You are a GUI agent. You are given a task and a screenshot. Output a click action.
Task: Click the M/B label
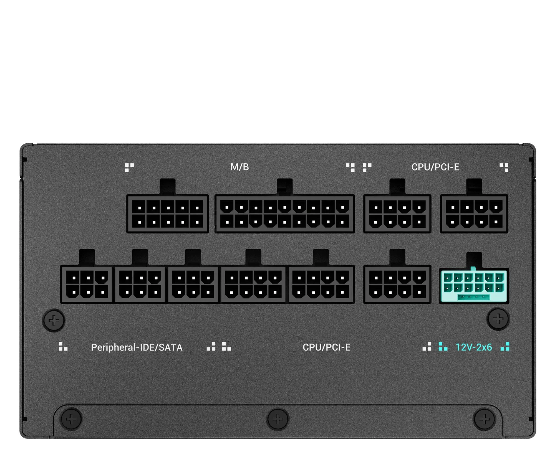[239, 167]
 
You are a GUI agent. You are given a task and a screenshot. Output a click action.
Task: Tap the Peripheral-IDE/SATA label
[137, 347]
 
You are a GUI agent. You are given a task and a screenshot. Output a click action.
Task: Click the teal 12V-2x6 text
[474, 347]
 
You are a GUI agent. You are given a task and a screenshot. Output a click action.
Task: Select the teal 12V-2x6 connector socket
[474, 286]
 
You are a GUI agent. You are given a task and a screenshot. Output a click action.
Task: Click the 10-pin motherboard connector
[168, 214]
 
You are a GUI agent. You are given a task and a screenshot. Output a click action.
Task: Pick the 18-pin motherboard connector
[285, 214]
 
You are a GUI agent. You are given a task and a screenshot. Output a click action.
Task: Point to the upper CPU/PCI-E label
[435, 167]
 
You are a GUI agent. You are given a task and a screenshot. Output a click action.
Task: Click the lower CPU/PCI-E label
[326, 347]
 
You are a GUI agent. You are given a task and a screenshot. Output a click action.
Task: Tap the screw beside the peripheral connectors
[54, 320]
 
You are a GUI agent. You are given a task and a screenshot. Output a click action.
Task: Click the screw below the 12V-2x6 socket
[498, 319]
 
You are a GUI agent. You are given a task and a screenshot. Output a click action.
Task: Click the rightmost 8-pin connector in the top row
[474, 214]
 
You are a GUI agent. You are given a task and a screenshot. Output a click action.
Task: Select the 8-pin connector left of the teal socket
[397, 285]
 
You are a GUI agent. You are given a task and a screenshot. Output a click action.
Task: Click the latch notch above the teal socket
[474, 260]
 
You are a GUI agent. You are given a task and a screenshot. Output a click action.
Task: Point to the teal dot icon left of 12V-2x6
[443, 347]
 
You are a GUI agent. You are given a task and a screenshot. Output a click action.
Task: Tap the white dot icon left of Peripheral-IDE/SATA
[63, 346]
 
